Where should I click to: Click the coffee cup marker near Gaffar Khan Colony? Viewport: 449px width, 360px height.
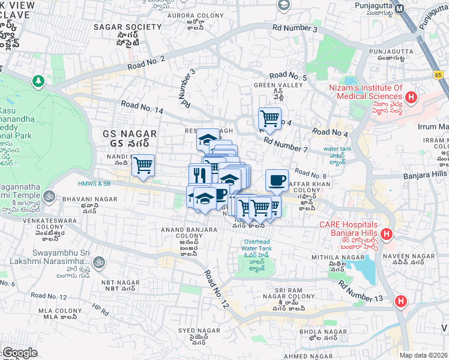pos(277,180)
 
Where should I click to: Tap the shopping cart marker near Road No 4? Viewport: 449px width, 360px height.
pos(270,118)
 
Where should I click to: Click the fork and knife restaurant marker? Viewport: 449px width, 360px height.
pos(199,175)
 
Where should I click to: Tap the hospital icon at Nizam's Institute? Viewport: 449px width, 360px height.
pos(411,97)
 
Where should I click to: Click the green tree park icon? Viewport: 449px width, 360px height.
pos(38,80)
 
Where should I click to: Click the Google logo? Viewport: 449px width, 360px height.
pos(20,353)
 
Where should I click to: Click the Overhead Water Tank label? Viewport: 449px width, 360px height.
pos(258,245)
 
